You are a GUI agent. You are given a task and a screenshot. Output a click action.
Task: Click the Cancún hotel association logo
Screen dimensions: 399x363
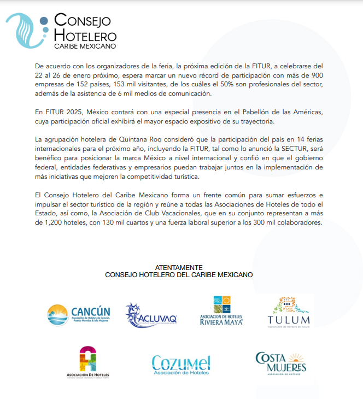(x=79, y=315)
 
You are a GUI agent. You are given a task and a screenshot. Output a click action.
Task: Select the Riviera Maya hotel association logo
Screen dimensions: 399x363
(x=221, y=312)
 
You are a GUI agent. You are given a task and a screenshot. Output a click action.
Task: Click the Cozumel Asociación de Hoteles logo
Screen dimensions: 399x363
(x=180, y=365)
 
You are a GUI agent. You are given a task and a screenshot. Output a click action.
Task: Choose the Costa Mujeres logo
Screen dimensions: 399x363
(x=281, y=362)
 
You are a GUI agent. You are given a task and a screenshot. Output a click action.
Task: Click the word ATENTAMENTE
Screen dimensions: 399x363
(x=179, y=267)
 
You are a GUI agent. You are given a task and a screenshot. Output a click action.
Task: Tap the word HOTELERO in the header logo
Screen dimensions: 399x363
(x=85, y=34)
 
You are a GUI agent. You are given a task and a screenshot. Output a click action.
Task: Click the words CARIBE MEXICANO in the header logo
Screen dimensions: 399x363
(x=85, y=46)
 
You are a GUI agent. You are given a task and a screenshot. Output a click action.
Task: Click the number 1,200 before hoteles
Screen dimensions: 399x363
(x=45, y=222)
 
